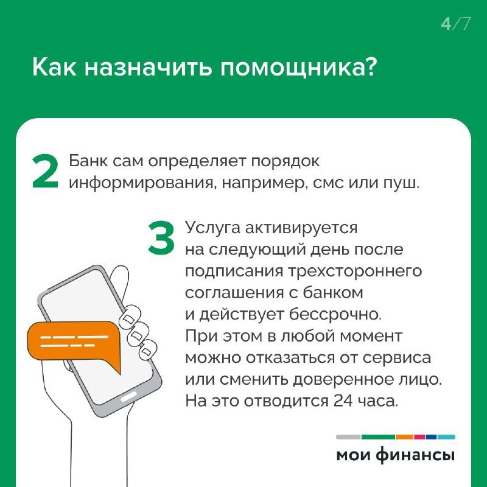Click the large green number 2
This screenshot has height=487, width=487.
[46, 172]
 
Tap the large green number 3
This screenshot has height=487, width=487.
[161, 239]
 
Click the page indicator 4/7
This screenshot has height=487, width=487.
[455, 24]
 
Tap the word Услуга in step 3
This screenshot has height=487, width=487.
[213, 228]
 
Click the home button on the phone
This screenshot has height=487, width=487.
[130, 396]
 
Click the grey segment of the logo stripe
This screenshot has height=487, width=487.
[348, 436]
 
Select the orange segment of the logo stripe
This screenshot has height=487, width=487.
[404, 436]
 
